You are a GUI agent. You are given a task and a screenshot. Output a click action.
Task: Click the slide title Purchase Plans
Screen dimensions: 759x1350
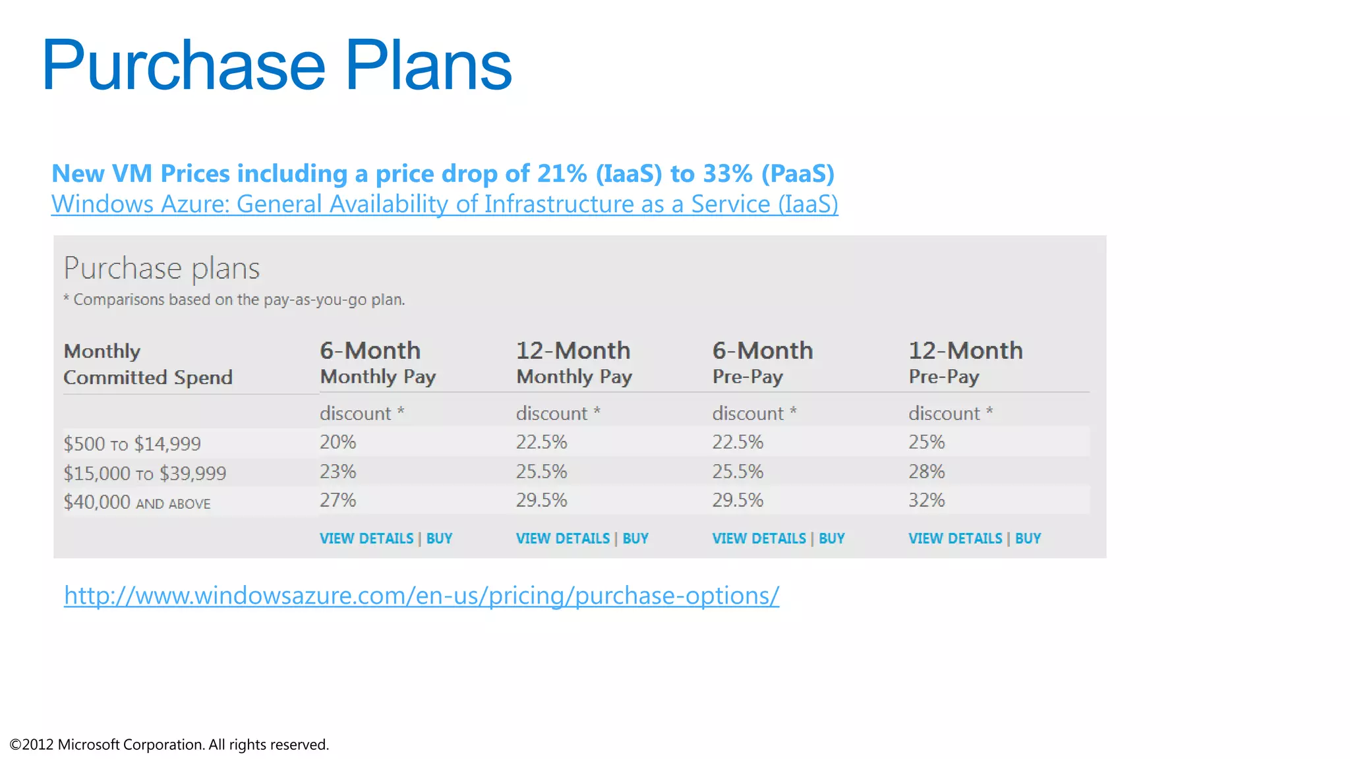276,65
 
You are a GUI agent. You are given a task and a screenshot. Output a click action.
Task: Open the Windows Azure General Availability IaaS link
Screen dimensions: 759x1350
444,204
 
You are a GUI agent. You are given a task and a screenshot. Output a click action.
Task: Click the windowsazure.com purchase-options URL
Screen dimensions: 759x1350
421,596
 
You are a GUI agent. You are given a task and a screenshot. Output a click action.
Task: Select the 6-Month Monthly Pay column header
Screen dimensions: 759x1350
377,362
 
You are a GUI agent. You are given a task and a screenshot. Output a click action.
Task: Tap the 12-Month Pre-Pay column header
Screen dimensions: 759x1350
965,362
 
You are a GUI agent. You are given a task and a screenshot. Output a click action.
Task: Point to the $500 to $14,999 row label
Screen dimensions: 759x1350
132,444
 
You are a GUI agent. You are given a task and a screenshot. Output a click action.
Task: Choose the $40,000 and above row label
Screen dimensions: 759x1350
136,503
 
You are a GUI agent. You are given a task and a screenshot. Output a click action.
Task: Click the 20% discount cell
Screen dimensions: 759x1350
337,442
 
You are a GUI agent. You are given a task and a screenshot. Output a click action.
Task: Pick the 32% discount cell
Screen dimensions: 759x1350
926,501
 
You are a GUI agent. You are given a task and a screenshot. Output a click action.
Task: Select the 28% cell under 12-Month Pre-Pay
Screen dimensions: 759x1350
926,472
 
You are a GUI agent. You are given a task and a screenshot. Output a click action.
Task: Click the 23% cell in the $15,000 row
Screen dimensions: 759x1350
337,472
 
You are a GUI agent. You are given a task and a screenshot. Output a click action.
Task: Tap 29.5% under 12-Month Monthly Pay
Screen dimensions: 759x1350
541,501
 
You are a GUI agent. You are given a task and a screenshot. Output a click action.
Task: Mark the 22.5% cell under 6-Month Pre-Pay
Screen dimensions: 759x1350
737,442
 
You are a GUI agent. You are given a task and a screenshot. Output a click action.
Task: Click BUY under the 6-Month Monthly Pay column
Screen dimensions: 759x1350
439,539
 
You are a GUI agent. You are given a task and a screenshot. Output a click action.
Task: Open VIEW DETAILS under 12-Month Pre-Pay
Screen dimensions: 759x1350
954,539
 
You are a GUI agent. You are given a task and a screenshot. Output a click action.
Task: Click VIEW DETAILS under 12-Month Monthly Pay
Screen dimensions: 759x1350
562,539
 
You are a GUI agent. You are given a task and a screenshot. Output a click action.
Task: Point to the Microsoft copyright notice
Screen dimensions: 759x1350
169,745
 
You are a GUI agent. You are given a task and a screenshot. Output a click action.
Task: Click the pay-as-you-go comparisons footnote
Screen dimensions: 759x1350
234,300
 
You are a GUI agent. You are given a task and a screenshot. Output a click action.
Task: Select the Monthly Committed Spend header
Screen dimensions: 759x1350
148,364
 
